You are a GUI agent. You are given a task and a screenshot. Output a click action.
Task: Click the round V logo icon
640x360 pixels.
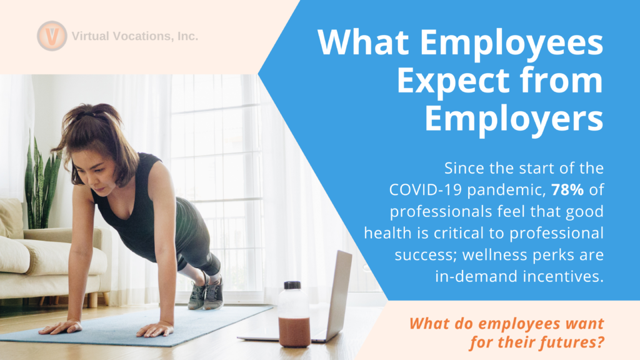click(x=52, y=36)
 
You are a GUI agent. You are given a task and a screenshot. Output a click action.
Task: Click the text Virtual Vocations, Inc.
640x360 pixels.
click(x=135, y=36)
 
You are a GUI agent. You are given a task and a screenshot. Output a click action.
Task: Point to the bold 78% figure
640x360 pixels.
click(x=567, y=190)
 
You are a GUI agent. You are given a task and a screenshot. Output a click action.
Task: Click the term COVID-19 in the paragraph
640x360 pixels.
click(x=426, y=190)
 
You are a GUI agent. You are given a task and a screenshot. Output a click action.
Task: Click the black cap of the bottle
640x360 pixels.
click(x=292, y=285)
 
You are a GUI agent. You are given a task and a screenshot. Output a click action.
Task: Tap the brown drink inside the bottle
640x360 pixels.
click(x=294, y=332)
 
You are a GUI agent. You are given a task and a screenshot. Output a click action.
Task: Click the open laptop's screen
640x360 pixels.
click(x=339, y=294)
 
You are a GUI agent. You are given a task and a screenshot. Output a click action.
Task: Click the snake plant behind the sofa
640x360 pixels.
click(x=41, y=184)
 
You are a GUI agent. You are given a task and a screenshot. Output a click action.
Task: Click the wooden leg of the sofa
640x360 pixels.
click(x=92, y=299)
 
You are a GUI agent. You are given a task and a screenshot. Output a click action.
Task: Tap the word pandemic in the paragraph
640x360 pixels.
click(x=506, y=190)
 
